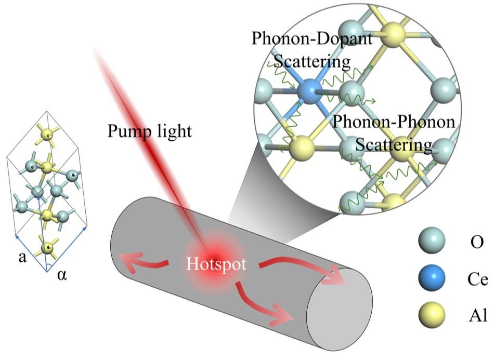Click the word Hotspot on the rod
coord(216,264)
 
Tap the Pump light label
coord(150,130)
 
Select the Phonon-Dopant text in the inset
coord(312,39)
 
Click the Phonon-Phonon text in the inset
coord(394,122)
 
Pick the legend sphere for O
coord(432,240)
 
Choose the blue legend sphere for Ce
coord(432,278)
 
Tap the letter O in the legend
coord(477,242)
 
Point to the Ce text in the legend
coord(478,279)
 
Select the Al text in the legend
coord(478,315)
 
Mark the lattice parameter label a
coord(22,257)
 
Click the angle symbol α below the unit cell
coord(62,275)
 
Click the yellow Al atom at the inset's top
coord(393,34)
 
